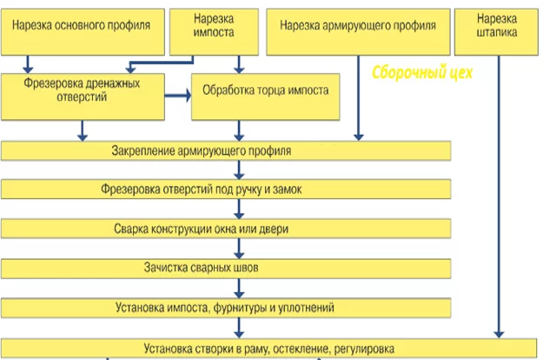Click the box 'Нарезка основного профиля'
[83, 32]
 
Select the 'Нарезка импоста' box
[214, 32]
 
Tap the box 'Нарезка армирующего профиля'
[359, 32]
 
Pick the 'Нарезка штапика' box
[497, 32]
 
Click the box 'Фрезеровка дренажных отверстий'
[83, 97]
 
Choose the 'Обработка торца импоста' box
[266, 97]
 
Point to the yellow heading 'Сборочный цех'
[422, 73]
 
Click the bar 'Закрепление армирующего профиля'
[226, 150]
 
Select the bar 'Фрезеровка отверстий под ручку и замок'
[226, 190]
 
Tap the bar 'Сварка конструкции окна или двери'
[226, 229]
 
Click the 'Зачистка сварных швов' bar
[226, 269]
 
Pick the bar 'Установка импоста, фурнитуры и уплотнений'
[226, 308]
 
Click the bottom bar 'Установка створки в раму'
[269, 348]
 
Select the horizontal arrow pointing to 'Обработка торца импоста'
[178, 96]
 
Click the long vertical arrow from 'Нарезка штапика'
[499, 197]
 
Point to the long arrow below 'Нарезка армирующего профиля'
[359, 98]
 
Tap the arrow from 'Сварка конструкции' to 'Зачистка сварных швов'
[239, 249]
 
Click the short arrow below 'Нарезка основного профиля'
[28, 64]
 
